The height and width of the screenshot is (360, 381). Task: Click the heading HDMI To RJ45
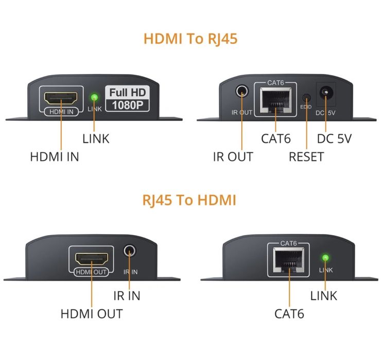190,39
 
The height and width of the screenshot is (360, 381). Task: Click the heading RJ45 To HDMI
189,200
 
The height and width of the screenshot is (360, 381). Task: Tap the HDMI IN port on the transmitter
61,98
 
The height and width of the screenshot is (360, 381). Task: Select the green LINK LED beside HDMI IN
94,97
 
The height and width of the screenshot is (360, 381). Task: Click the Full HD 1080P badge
127,99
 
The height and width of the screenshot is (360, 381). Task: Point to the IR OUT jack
241,93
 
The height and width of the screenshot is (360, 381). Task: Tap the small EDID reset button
306,97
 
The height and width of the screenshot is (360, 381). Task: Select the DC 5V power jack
325,94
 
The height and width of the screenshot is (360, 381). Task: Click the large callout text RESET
306,157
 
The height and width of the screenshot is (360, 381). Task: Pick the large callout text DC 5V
334,138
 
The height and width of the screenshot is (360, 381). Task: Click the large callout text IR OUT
233,157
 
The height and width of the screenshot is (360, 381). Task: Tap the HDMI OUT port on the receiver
91,258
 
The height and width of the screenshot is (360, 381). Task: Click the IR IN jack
129,251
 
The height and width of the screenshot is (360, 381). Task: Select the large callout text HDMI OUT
92,313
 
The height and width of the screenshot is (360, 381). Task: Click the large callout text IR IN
127,296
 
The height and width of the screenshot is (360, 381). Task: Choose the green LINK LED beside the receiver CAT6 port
325,258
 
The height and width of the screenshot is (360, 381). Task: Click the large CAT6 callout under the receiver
289,313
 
